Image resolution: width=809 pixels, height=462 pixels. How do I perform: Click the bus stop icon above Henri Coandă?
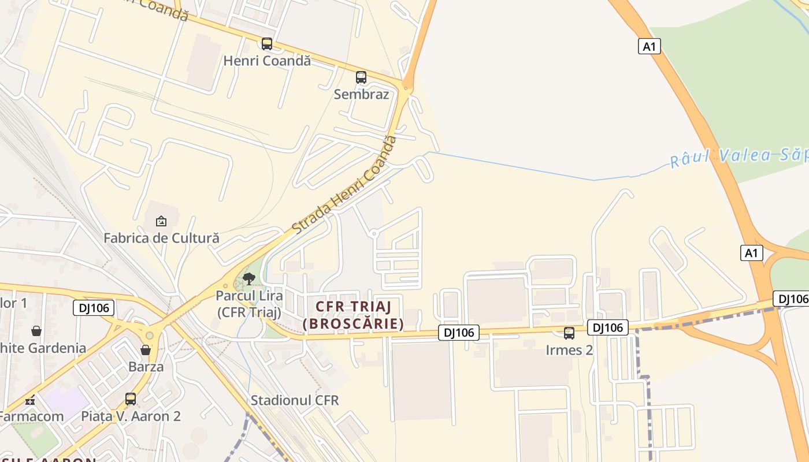click(266, 43)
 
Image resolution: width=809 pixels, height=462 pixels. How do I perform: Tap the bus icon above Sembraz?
click(361, 77)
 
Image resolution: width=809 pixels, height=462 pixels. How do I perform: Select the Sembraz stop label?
click(361, 94)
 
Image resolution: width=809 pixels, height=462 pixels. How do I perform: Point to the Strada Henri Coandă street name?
click(345, 185)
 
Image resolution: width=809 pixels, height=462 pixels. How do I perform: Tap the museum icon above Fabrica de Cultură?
click(161, 221)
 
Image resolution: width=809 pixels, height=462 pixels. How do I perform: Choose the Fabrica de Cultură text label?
click(161, 238)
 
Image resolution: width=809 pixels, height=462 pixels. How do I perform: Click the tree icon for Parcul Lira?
click(249, 280)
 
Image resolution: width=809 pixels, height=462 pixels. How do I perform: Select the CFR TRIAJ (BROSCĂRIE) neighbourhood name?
click(353, 315)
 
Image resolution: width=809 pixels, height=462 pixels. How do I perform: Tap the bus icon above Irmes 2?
click(569, 333)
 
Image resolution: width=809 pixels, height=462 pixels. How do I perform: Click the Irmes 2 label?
click(569, 350)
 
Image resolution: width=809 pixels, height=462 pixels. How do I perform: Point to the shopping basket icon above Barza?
click(146, 350)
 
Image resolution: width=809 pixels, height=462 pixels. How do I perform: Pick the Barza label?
click(146, 367)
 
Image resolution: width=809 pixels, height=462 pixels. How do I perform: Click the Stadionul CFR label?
click(295, 400)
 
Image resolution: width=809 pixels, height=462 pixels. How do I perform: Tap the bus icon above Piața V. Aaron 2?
click(131, 398)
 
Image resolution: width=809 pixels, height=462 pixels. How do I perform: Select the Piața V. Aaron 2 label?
click(131, 416)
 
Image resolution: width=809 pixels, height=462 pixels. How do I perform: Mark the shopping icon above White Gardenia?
click(36, 331)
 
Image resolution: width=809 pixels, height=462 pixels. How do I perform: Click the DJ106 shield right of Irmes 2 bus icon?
click(608, 327)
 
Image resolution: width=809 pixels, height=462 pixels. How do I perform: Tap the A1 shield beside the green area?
click(650, 46)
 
